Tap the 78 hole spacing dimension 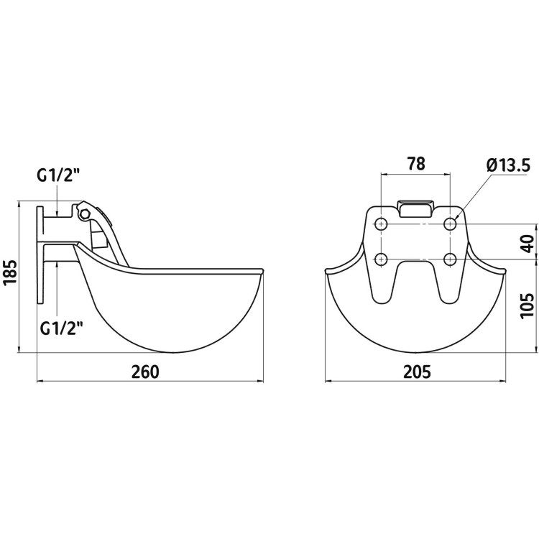(416, 164)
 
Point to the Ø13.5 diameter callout (508, 167)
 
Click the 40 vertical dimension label (528, 244)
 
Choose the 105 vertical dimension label (528, 306)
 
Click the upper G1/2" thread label (58, 176)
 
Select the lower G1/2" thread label (62, 328)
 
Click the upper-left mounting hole (381, 224)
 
